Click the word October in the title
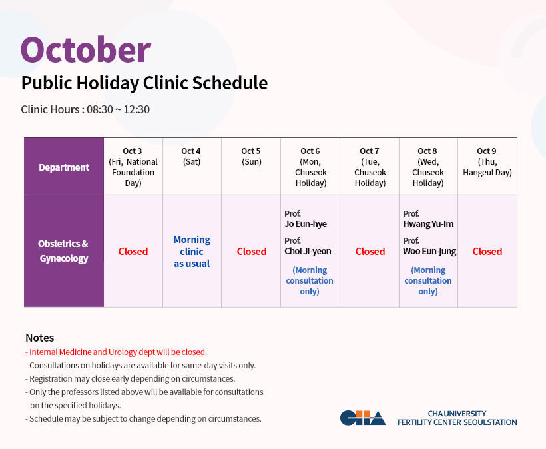tap(86, 50)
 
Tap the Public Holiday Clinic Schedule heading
tap(144, 83)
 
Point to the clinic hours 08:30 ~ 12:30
tap(118, 109)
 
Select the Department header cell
tap(64, 167)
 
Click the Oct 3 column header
tap(133, 167)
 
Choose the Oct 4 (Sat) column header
tap(191, 156)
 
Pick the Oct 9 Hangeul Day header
tap(487, 161)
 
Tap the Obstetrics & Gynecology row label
tap(63, 251)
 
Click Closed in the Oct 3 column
tap(133, 252)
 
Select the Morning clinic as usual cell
tap(192, 252)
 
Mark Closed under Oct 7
tap(370, 252)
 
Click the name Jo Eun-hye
tap(306, 224)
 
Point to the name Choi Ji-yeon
tap(308, 252)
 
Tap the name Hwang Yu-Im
tap(428, 224)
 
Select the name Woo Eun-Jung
tap(429, 252)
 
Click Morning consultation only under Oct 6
tap(310, 280)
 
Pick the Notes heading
tap(40, 338)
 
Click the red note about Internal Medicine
tap(116, 352)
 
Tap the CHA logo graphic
tap(363, 418)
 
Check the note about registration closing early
tap(131, 378)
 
